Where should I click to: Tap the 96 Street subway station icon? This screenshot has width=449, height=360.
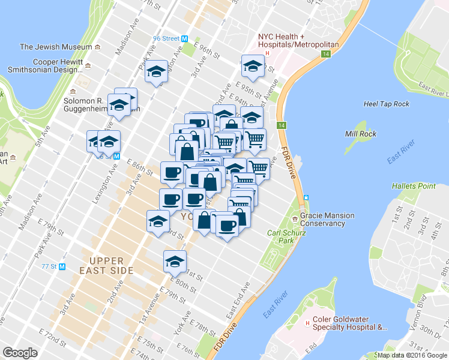coord(185,38)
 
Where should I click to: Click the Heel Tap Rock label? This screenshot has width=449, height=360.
coord(387,104)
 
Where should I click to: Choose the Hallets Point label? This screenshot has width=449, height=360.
coord(414,186)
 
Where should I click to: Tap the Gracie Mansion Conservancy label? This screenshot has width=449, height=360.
coord(327,220)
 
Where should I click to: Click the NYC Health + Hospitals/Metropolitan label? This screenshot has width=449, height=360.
coord(298,40)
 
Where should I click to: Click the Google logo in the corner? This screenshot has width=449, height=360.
coord(20,353)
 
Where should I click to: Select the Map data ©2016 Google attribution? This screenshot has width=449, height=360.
coord(412,355)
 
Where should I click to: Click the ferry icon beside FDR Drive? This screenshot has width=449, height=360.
coord(306,197)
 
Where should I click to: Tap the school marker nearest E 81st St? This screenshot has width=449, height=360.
coord(175,261)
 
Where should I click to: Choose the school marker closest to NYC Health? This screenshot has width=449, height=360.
coord(253,65)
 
